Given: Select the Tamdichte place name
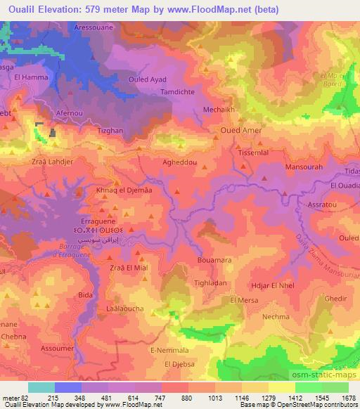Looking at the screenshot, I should point(179,92).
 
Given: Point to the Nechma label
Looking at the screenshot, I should point(275,317).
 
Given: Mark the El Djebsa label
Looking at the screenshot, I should point(179,364).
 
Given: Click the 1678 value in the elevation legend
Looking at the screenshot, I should point(349,397).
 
